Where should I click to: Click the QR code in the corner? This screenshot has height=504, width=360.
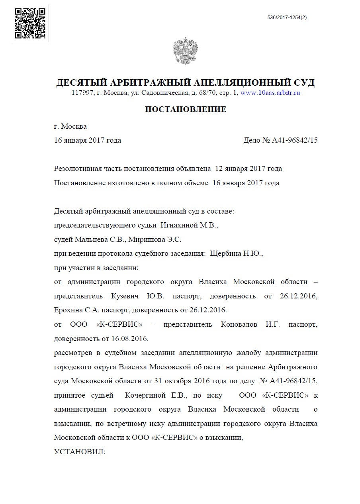[x=30, y=23]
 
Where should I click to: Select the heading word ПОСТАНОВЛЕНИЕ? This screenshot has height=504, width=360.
[x=186, y=109]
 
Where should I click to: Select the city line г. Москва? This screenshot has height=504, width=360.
[x=70, y=126]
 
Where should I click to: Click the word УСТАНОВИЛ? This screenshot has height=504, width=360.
[x=79, y=452]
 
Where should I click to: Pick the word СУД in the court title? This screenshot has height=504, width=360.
[x=302, y=82]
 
